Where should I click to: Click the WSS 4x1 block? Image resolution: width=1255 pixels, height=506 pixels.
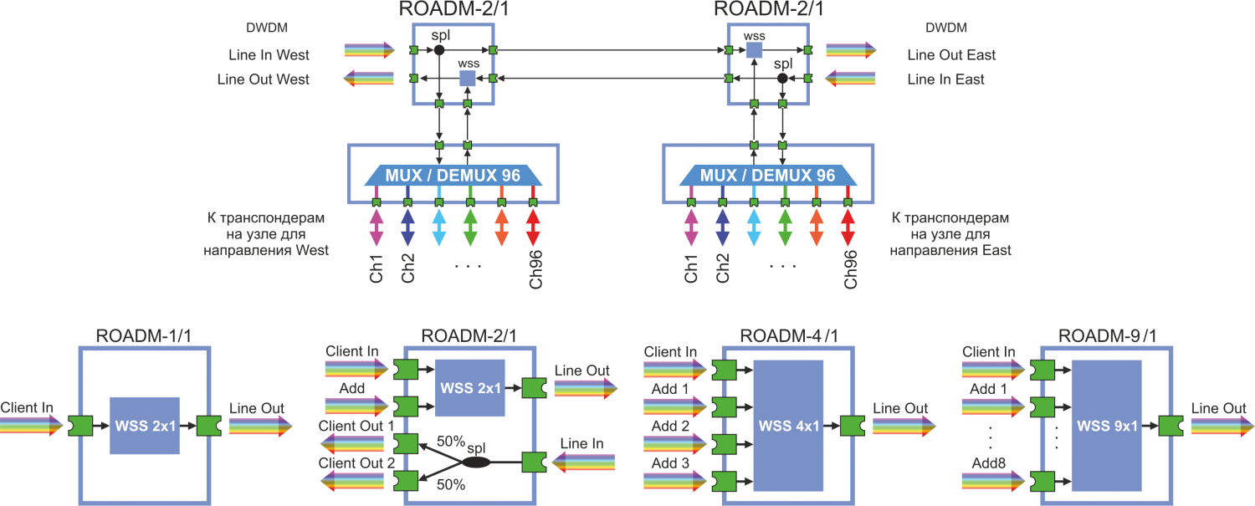788,426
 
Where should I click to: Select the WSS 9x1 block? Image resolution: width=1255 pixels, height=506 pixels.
1106,426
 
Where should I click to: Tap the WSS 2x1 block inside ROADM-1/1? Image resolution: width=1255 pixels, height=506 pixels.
145,426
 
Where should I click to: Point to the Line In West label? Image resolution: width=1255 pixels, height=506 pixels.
269,55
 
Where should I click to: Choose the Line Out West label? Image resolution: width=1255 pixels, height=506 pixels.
263,79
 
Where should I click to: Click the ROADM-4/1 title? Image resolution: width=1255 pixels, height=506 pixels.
787,337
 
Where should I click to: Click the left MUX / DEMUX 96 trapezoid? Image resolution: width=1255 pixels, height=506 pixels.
453,176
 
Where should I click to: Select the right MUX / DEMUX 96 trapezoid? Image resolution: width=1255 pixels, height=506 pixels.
767,176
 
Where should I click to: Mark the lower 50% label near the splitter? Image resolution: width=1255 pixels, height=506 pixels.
452,484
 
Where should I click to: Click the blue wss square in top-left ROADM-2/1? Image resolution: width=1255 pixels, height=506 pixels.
468,79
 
